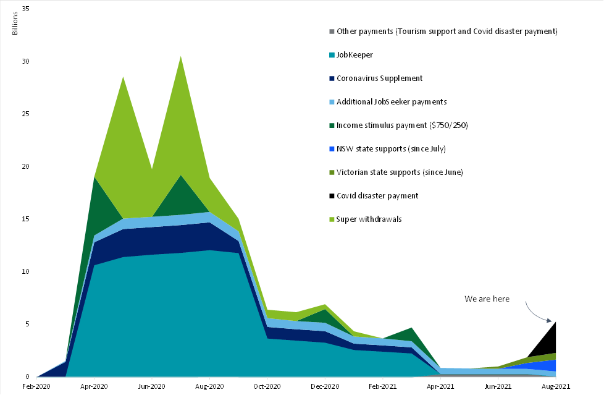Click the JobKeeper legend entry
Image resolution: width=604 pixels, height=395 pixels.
point(355,55)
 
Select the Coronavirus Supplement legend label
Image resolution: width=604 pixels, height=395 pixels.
point(380,79)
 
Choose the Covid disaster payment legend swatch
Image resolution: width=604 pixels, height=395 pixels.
point(332,196)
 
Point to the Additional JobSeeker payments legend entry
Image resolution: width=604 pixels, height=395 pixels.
point(392,102)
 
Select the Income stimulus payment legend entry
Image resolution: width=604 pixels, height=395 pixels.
point(402,125)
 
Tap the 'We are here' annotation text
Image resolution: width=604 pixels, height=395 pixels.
point(487,299)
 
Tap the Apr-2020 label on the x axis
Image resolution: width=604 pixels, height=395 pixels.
point(94,386)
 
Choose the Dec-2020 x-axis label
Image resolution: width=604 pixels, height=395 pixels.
point(325,386)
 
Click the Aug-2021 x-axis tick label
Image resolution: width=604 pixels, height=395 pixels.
point(555,386)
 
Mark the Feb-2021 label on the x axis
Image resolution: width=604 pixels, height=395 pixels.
point(382,386)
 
